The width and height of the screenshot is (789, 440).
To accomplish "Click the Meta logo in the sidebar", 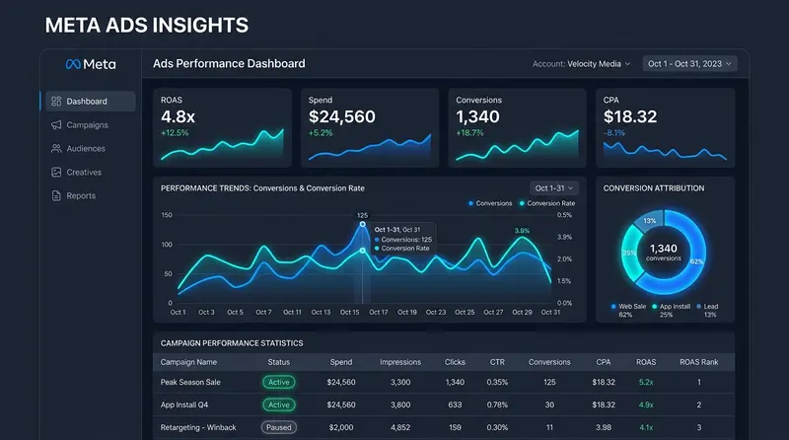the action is (x=91, y=64).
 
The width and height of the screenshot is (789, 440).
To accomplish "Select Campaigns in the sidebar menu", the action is (x=80, y=125).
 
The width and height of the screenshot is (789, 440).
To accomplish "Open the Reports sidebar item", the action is (x=73, y=196).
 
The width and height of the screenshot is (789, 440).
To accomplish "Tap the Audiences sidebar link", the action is (x=78, y=149).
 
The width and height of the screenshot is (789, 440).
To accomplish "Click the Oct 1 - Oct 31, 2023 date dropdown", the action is (x=689, y=64).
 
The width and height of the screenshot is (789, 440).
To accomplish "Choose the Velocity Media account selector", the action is (x=581, y=64).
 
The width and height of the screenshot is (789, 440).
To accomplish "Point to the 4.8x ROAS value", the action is (x=178, y=116).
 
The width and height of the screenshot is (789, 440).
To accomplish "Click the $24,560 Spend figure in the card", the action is (x=341, y=116).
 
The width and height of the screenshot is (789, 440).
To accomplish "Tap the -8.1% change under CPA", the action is (x=613, y=133).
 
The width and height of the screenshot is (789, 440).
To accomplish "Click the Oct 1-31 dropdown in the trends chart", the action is (x=554, y=188).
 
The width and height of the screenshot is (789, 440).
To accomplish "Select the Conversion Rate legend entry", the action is (x=547, y=203).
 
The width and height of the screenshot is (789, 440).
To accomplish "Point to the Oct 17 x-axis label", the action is (x=379, y=312).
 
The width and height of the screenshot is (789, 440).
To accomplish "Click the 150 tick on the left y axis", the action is (x=167, y=215).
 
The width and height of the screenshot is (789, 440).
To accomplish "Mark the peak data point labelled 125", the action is (x=362, y=224).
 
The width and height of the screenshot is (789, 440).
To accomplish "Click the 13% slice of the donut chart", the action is (x=649, y=221).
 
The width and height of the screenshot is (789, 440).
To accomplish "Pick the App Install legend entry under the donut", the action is (x=671, y=310).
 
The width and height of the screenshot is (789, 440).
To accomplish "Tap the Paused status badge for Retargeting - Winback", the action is (x=279, y=427).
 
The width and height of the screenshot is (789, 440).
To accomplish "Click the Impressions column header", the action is (x=400, y=362).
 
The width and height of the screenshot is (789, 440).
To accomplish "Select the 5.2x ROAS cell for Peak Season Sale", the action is (x=646, y=382).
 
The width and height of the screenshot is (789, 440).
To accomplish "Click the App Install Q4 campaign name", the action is (x=184, y=404).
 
